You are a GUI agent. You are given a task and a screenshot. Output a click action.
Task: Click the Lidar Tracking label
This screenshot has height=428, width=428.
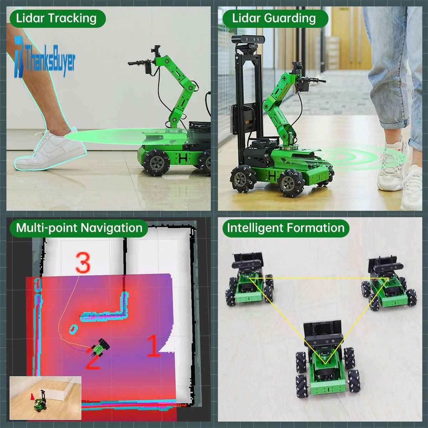tap(56, 19)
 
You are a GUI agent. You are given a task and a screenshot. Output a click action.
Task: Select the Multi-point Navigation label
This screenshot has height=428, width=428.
tap(78, 228)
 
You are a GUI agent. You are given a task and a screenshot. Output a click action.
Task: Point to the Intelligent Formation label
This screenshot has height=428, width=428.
tap(286, 228)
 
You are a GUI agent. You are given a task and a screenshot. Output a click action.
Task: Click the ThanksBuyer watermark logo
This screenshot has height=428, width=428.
tap(45, 57)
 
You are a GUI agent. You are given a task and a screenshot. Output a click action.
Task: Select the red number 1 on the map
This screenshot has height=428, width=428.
tap(154, 346)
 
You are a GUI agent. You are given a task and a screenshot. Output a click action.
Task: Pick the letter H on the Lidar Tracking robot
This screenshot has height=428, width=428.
tap(183, 158)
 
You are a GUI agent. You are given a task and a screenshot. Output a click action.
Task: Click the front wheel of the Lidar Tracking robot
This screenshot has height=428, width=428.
tap(156, 162)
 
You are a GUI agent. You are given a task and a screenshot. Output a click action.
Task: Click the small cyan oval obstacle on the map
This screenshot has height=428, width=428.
tap(73, 329)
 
